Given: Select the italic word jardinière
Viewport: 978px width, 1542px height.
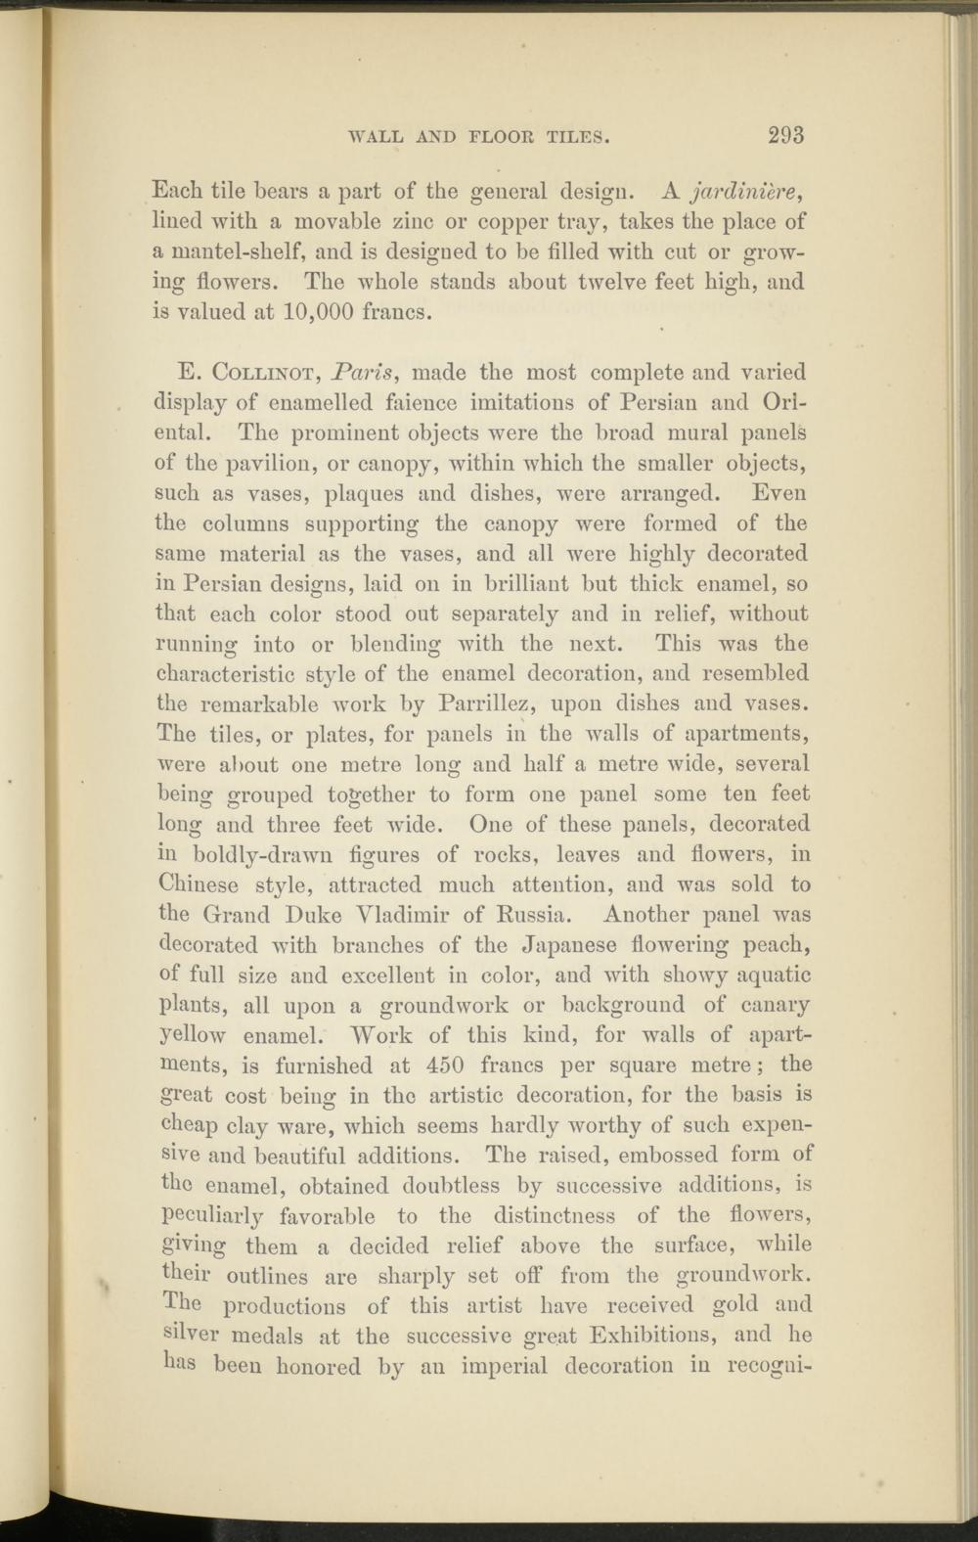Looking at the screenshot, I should point(747,190).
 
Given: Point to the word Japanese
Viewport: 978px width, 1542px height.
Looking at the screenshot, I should point(587,945).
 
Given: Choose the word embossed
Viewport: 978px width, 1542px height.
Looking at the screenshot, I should point(676,1156).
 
